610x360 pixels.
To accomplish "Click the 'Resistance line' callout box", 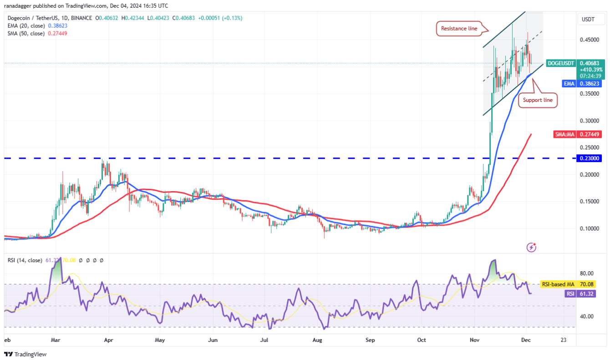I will click(459, 29).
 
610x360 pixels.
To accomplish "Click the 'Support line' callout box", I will click(538, 99).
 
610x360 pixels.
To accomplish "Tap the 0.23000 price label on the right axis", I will click(590, 158).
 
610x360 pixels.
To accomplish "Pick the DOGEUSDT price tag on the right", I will click(561, 63).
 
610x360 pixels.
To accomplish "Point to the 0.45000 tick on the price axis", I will click(590, 40).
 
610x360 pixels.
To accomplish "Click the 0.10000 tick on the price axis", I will click(590, 228).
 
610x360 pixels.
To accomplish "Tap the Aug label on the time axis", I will click(317, 340).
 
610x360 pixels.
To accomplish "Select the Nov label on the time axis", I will click(475, 340).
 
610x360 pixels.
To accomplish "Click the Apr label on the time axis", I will click(108, 340).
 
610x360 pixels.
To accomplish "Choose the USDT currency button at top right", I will click(589, 19).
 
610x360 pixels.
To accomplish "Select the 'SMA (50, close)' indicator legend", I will click(25, 33).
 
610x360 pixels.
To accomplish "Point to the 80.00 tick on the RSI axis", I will click(587, 274).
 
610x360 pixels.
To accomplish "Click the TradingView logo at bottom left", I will click(26, 354).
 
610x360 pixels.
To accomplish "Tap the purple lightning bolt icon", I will click(531, 247).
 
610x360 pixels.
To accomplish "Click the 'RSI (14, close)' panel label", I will click(25, 260).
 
